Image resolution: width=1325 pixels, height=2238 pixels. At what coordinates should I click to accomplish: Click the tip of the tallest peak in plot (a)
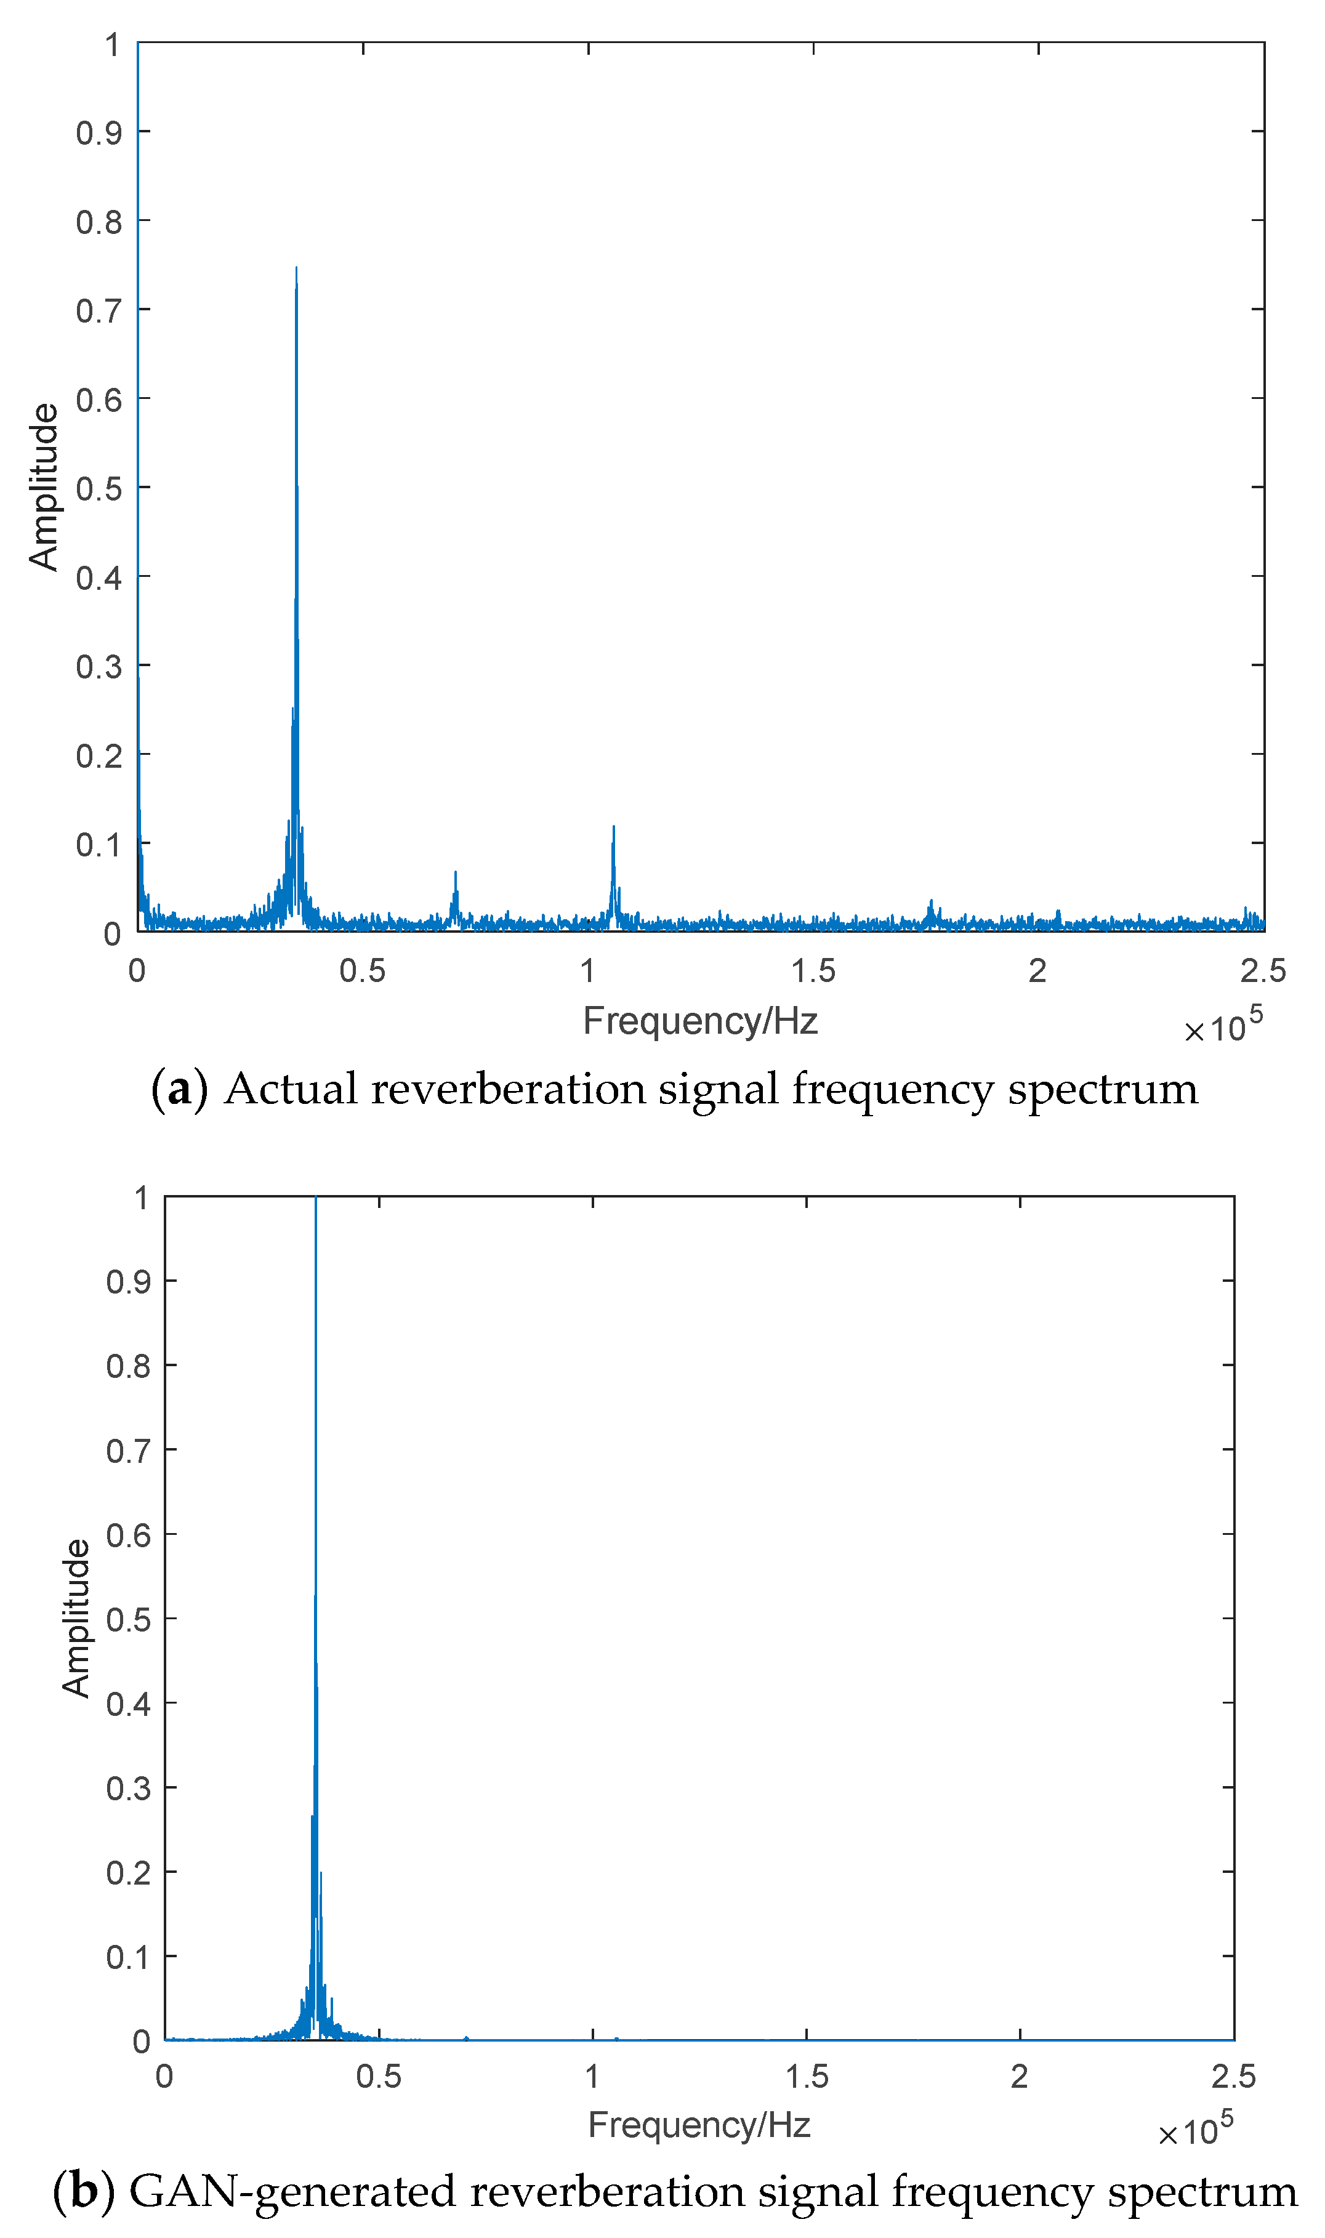(x=296, y=268)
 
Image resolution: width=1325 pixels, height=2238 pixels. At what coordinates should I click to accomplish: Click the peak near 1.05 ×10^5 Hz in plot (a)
(x=613, y=827)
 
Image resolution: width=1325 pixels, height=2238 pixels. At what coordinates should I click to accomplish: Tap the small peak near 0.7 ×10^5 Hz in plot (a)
(x=456, y=873)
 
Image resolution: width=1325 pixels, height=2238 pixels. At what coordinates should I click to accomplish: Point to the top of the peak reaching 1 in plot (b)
(x=315, y=1199)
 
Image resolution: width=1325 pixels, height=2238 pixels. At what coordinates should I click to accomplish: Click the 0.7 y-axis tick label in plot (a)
(x=99, y=311)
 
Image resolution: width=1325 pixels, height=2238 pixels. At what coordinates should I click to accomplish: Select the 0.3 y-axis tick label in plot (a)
(x=99, y=666)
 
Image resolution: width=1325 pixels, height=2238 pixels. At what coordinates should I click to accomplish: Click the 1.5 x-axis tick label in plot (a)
(x=813, y=970)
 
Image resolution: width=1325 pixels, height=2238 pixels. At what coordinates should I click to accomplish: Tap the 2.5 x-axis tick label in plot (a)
(x=1262, y=970)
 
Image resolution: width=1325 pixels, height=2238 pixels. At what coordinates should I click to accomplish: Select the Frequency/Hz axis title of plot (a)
(x=700, y=1020)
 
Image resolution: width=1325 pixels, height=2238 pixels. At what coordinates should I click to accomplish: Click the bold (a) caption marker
(x=179, y=1089)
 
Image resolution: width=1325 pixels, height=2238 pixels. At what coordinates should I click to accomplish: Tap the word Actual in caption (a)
(x=290, y=1089)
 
